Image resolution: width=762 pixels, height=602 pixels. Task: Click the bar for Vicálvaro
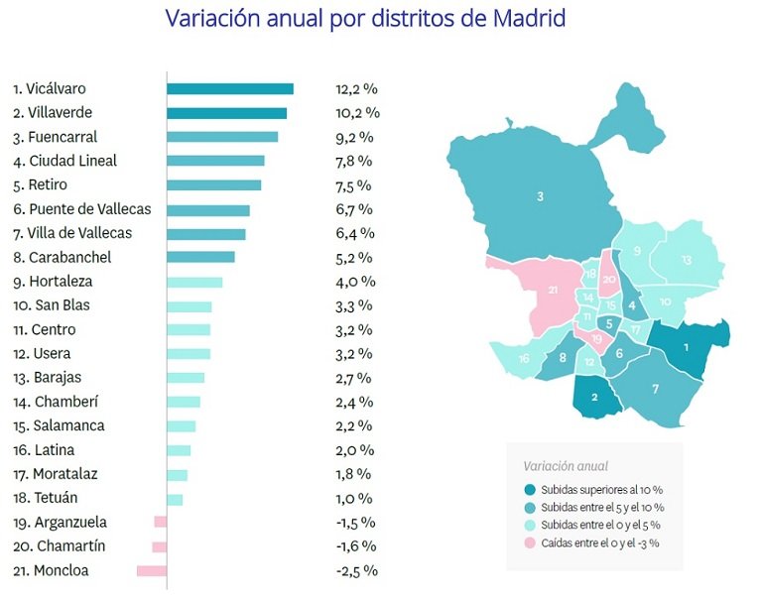pos(229,89)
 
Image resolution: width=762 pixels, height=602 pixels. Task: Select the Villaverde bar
pos(226,113)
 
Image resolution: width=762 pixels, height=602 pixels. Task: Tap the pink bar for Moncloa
pos(151,570)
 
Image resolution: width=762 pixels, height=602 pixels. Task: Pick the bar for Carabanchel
pos(200,257)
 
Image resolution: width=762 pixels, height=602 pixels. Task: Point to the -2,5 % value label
pos(355,570)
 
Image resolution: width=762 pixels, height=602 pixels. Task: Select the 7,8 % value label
pos(353,161)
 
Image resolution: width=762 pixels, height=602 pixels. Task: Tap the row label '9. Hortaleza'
pos(56,281)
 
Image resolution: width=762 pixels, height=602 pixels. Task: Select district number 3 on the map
pos(540,196)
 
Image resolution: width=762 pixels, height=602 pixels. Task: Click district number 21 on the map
pos(552,290)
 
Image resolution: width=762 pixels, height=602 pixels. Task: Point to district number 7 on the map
pos(655,389)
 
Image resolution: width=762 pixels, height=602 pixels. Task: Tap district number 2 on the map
pos(594,397)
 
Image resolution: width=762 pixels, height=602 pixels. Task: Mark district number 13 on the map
pos(686,260)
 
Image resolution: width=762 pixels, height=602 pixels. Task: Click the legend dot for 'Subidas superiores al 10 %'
pos(530,489)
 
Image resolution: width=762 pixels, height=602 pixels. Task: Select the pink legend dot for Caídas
pos(530,542)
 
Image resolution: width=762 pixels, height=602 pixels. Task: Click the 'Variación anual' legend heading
pos(566,466)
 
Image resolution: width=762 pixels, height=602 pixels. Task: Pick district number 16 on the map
pos(523,359)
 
